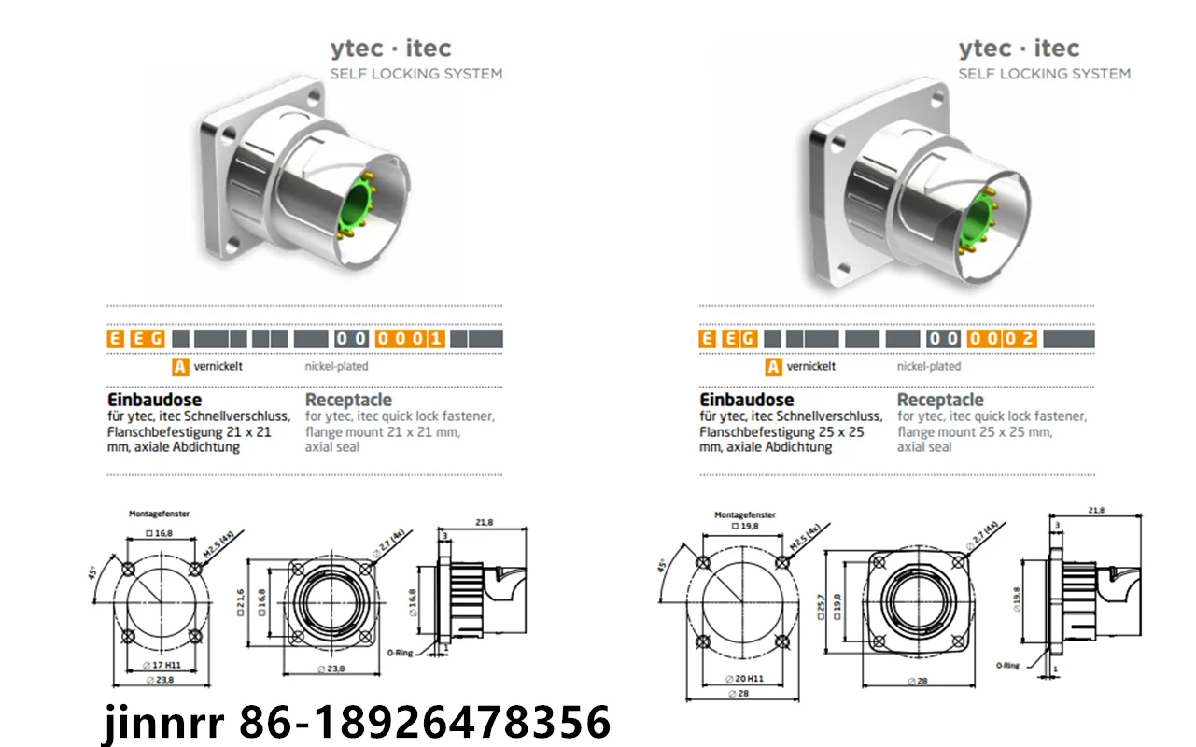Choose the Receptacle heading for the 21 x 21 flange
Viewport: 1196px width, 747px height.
(x=348, y=401)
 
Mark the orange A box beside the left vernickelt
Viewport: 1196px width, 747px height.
(x=180, y=366)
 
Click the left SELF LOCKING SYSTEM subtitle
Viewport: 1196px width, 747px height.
(x=416, y=74)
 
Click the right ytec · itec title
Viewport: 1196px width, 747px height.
(x=1019, y=48)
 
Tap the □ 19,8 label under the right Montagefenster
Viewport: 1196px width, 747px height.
(x=747, y=526)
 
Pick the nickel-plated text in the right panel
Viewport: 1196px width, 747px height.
(x=928, y=366)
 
